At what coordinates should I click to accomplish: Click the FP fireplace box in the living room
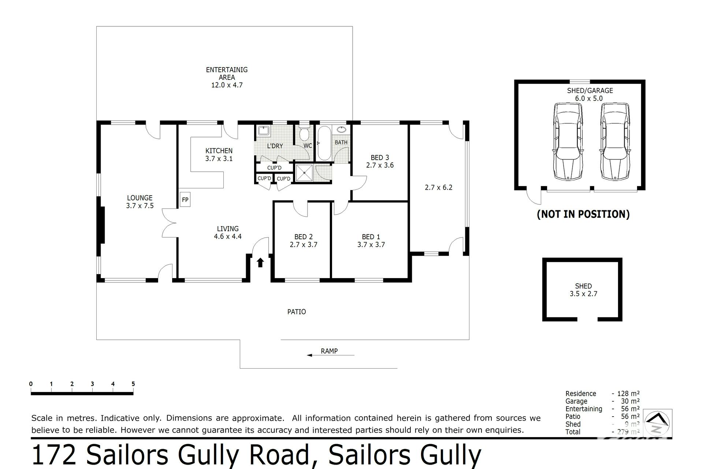click(185, 200)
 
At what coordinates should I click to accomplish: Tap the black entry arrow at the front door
click(260, 262)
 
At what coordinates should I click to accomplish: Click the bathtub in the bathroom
click(324, 143)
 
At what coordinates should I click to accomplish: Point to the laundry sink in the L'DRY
click(263, 131)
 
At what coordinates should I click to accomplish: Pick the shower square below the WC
click(304, 173)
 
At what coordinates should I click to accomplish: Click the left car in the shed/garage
click(568, 141)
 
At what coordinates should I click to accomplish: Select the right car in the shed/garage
click(615, 141)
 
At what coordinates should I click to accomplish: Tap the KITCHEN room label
click(219, 151)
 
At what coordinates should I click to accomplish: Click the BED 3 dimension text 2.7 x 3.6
click(380, 165)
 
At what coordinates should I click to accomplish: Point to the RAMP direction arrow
click(330, 355)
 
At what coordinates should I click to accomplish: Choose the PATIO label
click(297, 312)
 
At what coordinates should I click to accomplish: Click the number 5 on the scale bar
click(133, 384)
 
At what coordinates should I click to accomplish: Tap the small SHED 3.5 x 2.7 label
click(583, 290)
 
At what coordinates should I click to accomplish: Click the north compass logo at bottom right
click(658, 423)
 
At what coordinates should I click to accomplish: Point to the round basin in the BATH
click(342, 129)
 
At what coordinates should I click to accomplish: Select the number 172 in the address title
click(55, 455)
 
